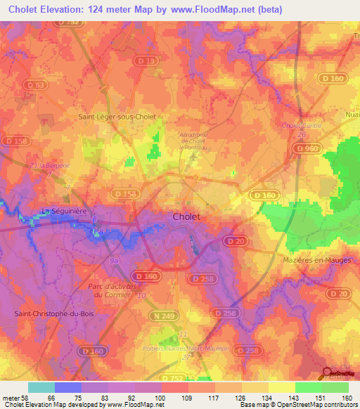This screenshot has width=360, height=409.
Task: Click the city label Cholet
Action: pyautogui.click(x=186, y=217)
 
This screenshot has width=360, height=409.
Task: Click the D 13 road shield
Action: pyautogui.click(x=148, y=61)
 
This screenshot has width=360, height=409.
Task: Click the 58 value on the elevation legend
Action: pyautogui.click(x=20, y=398)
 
